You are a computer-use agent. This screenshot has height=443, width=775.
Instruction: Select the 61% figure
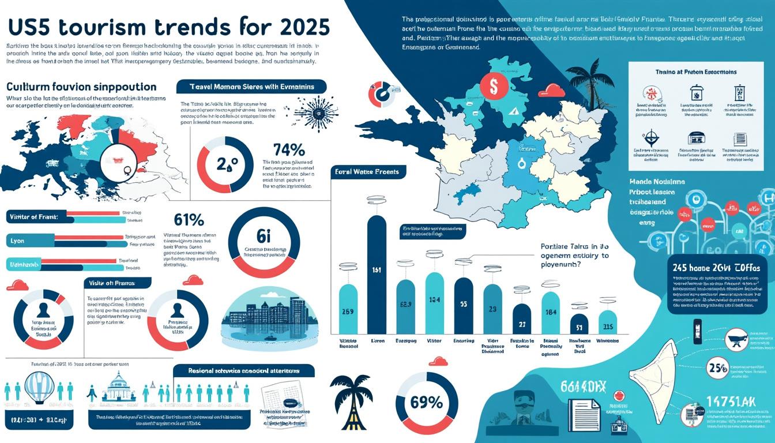(189, 219)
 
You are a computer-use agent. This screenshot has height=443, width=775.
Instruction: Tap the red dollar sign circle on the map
(494, 87)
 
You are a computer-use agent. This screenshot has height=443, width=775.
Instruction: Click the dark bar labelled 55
(463, 306)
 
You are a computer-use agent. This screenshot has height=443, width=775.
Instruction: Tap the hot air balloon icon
(39, 388)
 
